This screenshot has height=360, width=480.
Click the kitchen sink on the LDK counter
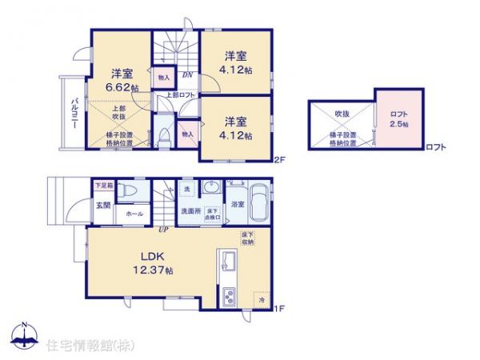coord(225,261)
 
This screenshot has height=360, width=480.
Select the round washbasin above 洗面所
coord(213,187)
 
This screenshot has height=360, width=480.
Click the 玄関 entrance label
coord(104,205)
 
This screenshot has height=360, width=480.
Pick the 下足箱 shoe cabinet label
coord(104,186)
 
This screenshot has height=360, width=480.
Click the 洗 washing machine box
coord(186,188)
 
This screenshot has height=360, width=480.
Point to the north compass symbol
coord(25,335)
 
